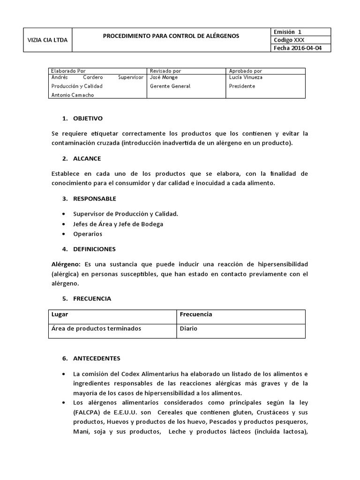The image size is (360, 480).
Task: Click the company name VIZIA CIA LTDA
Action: click(x=48, y=40)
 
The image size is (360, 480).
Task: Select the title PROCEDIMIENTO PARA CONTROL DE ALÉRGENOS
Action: click(x=171, y=36)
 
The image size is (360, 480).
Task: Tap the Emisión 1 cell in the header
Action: click(x=285, y=32)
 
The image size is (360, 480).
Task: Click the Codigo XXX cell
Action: click(x=288, y=40)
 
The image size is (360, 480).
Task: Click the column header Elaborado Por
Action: click(x=68, y=71)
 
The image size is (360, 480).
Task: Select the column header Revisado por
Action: click(x=165, y=71)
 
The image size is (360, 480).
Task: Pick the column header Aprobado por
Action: click(x=246, y=71)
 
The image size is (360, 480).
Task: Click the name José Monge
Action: click(x=164, y=77)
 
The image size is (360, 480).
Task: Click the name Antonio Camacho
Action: click(x=73, y=95)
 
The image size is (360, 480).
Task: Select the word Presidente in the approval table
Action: click(x=242, y=86)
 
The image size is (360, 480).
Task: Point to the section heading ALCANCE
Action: click(x=87, y=158)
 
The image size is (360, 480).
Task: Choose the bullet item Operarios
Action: click(x=87, y=233)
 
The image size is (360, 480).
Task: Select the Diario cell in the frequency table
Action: click(x=188, y=329)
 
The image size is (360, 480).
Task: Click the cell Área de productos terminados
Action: click(x=96, y=329)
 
